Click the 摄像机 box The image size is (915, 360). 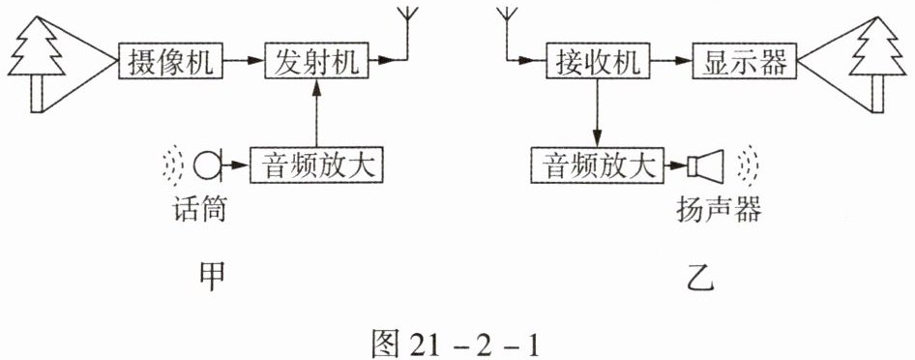pyautogui.click(x=171, y=59)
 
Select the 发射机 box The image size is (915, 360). pyautogui.click(x=317, y=59)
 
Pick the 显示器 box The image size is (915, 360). pyautogui.click(x=745, y=59)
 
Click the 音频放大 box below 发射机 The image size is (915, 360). pyautogui.click(x=317, y=165)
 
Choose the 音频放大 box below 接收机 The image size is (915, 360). pyautogui.click(x=598, y=165)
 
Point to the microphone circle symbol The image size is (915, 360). pyautogui.click(x=207, y=165)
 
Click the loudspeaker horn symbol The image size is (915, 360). pyautogui.click(x=706, y=165)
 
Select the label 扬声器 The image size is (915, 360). pyautogui.click(x=719, y=209)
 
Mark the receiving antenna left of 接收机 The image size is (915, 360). pyautogui.click(x=507, y=32)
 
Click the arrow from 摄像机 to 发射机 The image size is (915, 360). pyautogui.click(x=244, y=59)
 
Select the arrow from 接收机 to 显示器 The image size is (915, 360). pyautogui.click(x=671, y=59)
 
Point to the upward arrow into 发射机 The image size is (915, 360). pyautogui.click(x=317, y=112)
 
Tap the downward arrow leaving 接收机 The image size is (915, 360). pyautogui.click(x=597, y=112)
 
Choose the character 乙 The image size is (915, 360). pyautogui.click(x=699, y=279)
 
